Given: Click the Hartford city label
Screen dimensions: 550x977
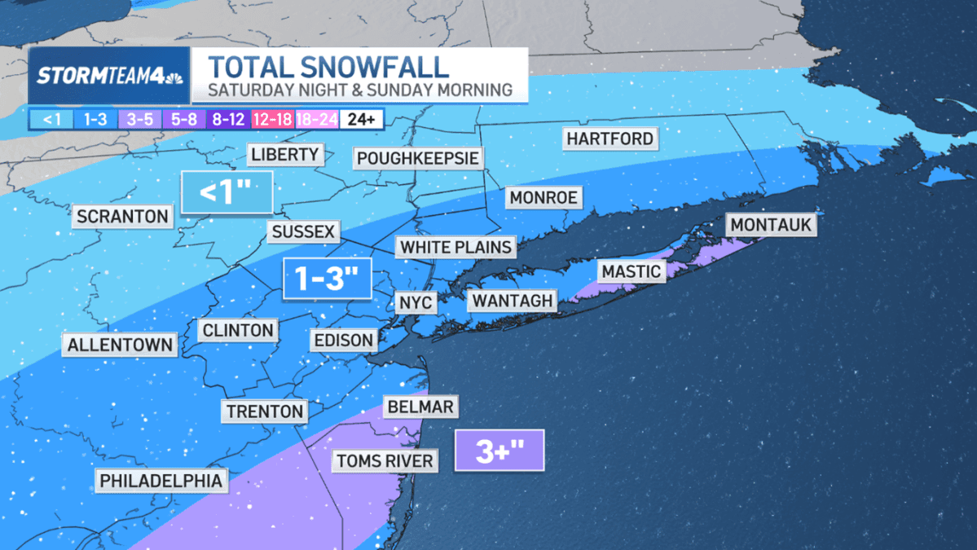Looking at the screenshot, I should [x=610, y=139].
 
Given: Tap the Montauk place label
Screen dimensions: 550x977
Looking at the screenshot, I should [x=771, y=224].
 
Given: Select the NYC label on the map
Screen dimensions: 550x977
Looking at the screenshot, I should [x=416, y=303].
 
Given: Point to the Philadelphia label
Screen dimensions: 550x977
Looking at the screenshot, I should [x=161, y=481].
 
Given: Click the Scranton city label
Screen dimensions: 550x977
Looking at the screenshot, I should [x=122, y=217].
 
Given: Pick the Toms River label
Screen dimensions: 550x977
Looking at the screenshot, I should [x=385, y=461].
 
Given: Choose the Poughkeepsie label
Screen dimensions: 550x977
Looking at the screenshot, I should [x=417, y=157].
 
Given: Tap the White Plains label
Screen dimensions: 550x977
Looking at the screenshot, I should [x=456, y=247].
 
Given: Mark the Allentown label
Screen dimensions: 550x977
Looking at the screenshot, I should [x=120, y=345].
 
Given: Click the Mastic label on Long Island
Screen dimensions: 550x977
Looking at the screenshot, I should [x=631, y=271].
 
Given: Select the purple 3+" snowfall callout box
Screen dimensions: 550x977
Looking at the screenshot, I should [x=499, y=451].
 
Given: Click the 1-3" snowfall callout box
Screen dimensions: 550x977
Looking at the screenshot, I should [x=327, y=279].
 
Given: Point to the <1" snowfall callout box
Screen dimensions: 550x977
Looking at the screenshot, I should [x=226, y=192].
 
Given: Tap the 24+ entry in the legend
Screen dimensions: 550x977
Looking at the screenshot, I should [x=361, y=119].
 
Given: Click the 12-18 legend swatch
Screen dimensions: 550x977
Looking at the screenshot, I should [x=273, y=119].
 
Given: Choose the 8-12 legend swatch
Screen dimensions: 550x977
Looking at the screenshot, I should [x=229, y=119].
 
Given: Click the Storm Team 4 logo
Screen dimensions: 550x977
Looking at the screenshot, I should [x=109, y=76].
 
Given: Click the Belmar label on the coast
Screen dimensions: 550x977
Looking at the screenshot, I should [x=420, y=407].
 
